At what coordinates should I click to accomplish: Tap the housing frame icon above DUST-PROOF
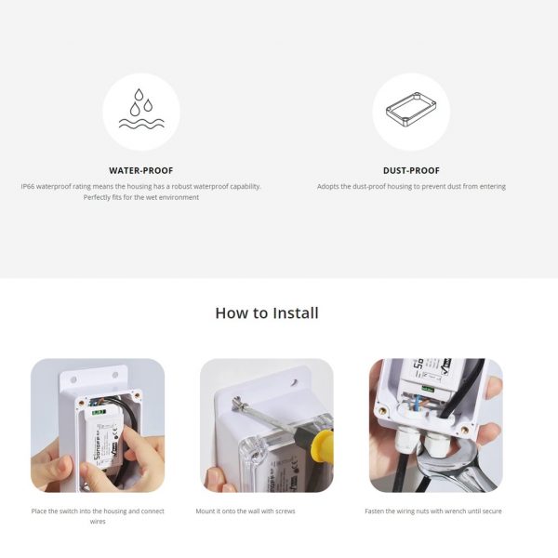(411, 109)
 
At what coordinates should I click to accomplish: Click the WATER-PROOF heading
(141, 170)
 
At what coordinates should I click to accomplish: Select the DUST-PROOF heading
(411, 170)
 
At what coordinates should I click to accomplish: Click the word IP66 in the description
(28, 187)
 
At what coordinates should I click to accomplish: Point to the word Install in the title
(296, 313)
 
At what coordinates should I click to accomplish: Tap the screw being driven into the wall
(237, 405)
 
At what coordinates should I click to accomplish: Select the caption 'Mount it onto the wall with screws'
(246, 511)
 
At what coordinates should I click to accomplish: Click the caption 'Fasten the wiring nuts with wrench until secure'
(433, 511)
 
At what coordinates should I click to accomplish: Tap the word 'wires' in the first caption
(98, 522)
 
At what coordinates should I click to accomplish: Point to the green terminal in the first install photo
(99, 412)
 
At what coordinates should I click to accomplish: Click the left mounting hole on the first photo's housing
(73, 379)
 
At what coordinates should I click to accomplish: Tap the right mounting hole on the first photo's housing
(115, 375)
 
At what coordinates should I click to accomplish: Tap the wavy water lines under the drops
(141, 123)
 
